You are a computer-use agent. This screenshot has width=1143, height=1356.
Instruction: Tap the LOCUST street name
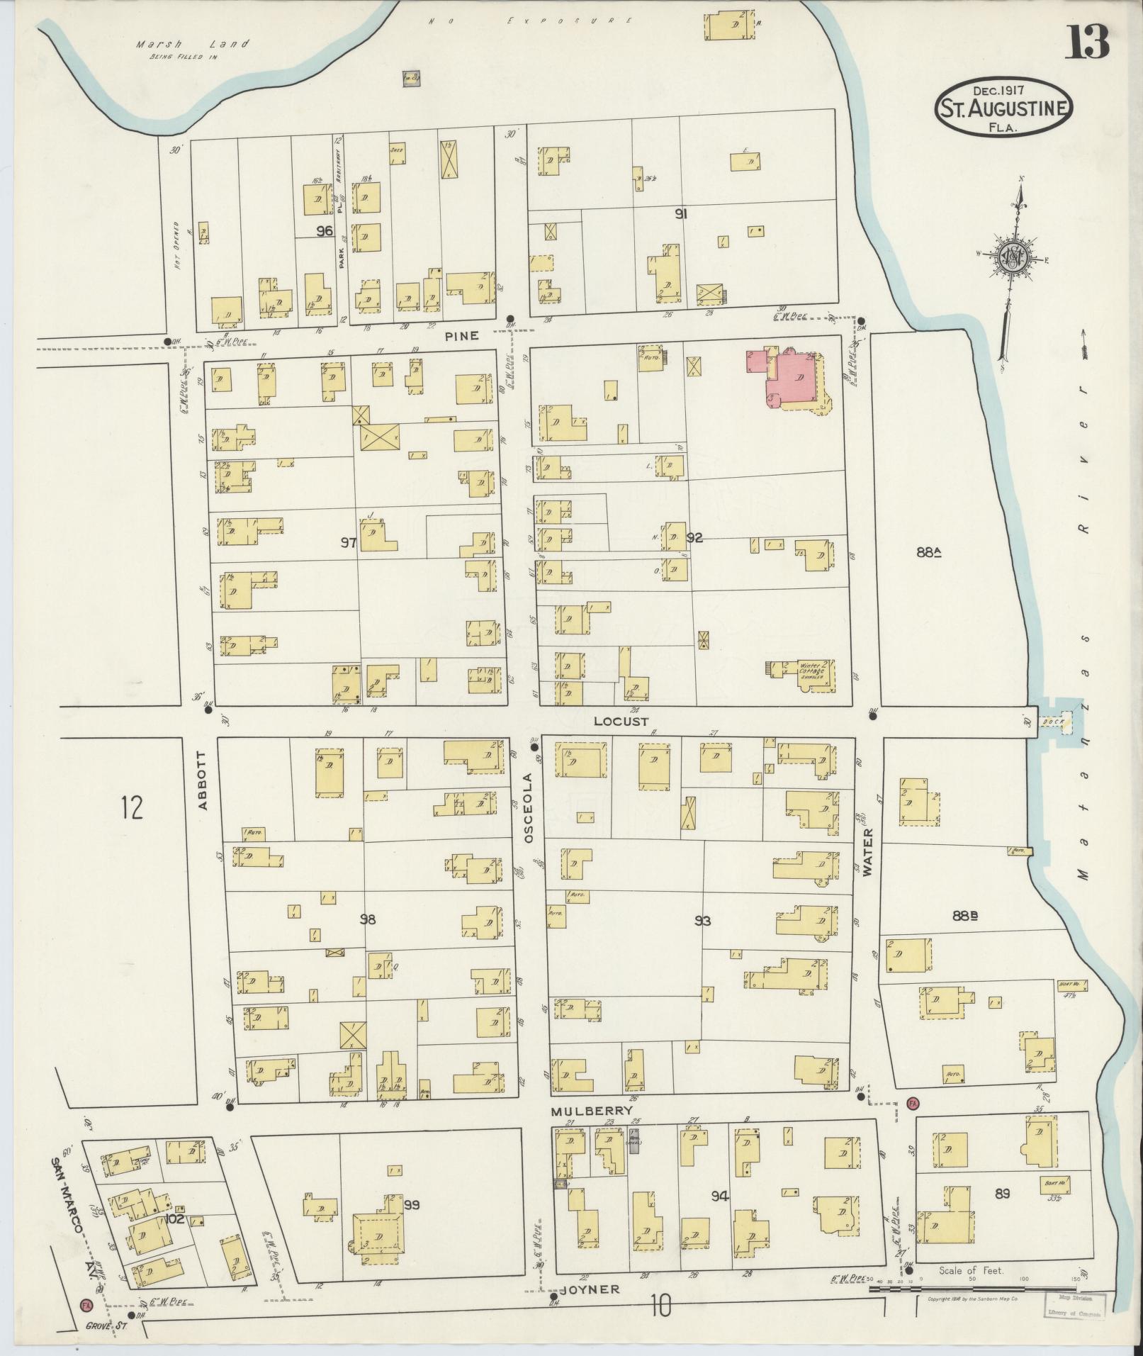621,721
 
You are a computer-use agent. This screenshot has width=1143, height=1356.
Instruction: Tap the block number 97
347,543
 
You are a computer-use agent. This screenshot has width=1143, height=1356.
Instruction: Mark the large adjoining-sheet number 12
131,807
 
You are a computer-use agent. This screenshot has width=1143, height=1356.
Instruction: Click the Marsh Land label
193,44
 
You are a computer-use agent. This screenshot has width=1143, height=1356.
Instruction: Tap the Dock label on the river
1052,722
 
